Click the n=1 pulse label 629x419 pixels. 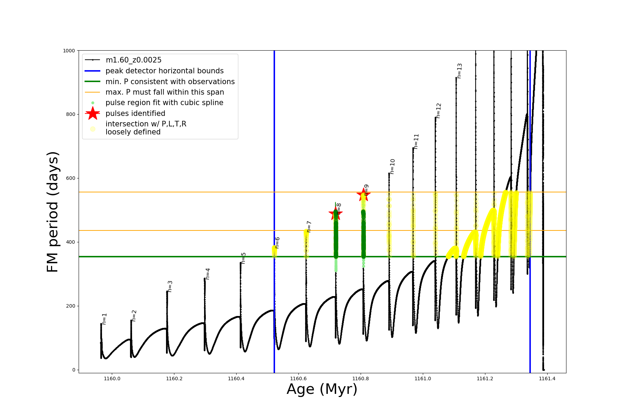(104, 319)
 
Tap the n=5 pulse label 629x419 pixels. (244, 258)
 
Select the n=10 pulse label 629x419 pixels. (392, 166)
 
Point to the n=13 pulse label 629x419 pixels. (460, 71)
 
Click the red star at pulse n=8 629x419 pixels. (335, 213)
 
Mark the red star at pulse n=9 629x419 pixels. (363, 194)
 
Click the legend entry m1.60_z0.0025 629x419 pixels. (133, 60)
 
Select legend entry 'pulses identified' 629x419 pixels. (135, 113)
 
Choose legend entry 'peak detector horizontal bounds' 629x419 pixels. (164, 71)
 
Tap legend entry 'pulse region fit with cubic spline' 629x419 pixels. (164, 103)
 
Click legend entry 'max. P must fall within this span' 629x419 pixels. (165, 92)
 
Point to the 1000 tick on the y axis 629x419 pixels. (69, 51)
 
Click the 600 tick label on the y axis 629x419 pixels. (70, 178)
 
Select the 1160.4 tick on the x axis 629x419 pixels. (236, 378)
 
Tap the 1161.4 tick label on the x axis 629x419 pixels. (547, 378)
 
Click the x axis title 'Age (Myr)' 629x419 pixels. (322, 389)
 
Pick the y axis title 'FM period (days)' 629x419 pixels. (52, 212)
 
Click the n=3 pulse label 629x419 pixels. (170, 286)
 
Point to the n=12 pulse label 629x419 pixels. (439, 110)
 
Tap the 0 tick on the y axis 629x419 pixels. (74, 370)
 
